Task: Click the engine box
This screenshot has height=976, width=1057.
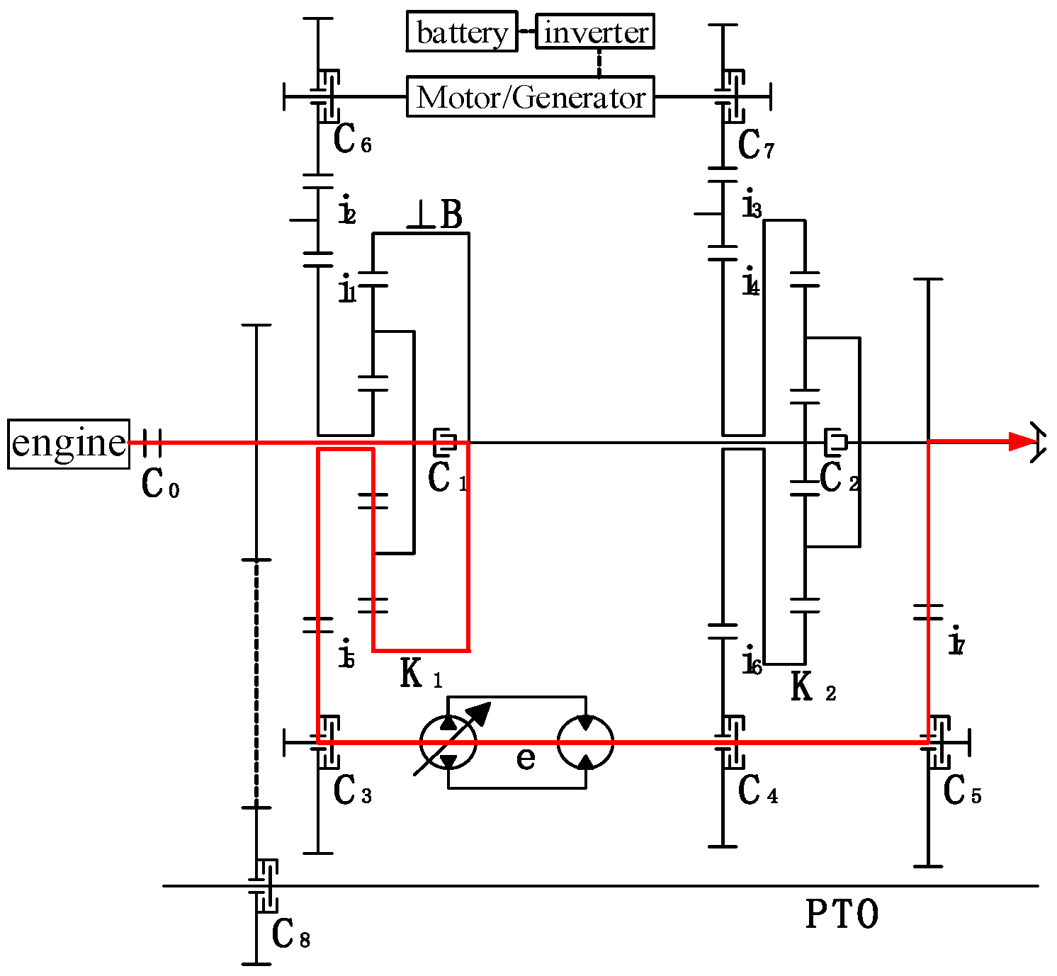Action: tap(69, 443)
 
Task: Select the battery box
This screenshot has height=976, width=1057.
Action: tap(462, 32)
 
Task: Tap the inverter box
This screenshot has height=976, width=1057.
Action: tap(595, 32)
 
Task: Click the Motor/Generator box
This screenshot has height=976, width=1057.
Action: tap(530, 97)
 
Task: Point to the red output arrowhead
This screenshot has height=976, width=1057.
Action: tap(1023, 442)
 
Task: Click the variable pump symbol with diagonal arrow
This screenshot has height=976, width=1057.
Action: tap(448, 742)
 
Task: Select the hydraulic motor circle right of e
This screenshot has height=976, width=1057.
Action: tap(585, 742)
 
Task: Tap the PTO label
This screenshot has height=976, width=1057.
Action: tap(842, 914)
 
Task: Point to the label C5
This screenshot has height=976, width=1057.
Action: tap(961, 791)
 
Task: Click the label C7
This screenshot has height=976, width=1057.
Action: tap(756, 146)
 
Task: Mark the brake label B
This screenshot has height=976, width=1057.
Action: tap(451, 215)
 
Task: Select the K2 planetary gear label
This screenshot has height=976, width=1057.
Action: tap(813, 687)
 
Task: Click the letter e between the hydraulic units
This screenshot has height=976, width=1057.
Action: tap(526, 758)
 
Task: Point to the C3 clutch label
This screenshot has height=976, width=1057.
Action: tap(352, 791)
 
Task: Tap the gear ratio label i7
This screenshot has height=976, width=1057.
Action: tap(956, 642)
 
